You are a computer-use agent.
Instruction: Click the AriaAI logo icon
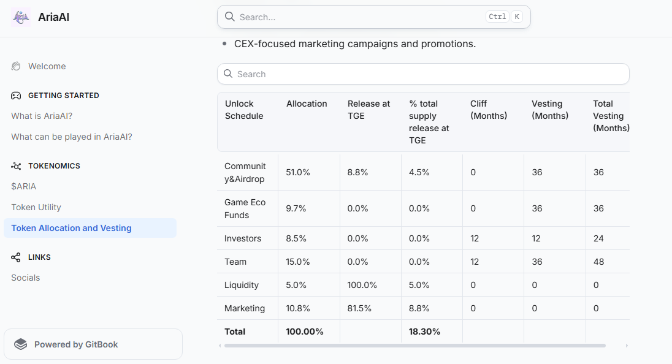click(21, 17)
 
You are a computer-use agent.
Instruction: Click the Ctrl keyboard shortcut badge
click(497, 17)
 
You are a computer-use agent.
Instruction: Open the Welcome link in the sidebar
click(47, 66)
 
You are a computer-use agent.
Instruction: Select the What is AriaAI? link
click(42, 116)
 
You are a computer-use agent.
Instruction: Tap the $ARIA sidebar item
click(23, 186)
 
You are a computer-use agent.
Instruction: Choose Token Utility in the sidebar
click(36, 207)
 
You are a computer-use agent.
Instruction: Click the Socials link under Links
click(25, 278)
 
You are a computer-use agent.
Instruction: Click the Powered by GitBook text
click(76, 345)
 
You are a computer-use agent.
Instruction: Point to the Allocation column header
click(307, 104)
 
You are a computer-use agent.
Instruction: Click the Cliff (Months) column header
click(489, 110)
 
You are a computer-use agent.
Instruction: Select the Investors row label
click(243, 238)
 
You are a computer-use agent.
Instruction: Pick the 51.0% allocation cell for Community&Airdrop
click(298, 172)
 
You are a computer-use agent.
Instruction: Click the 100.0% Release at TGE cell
click(362, 285)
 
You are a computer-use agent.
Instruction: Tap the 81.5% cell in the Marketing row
click(359, 308)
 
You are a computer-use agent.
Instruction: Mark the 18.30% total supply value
click(424, 332)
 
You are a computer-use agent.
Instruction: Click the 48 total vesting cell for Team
click(598, 262)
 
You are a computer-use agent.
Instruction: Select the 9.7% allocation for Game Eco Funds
click(296, 208)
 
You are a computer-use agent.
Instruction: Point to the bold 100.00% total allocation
click(305, 332)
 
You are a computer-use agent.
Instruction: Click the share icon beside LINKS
click(16, 257)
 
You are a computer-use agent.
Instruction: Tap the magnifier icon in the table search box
click(228, 74)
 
